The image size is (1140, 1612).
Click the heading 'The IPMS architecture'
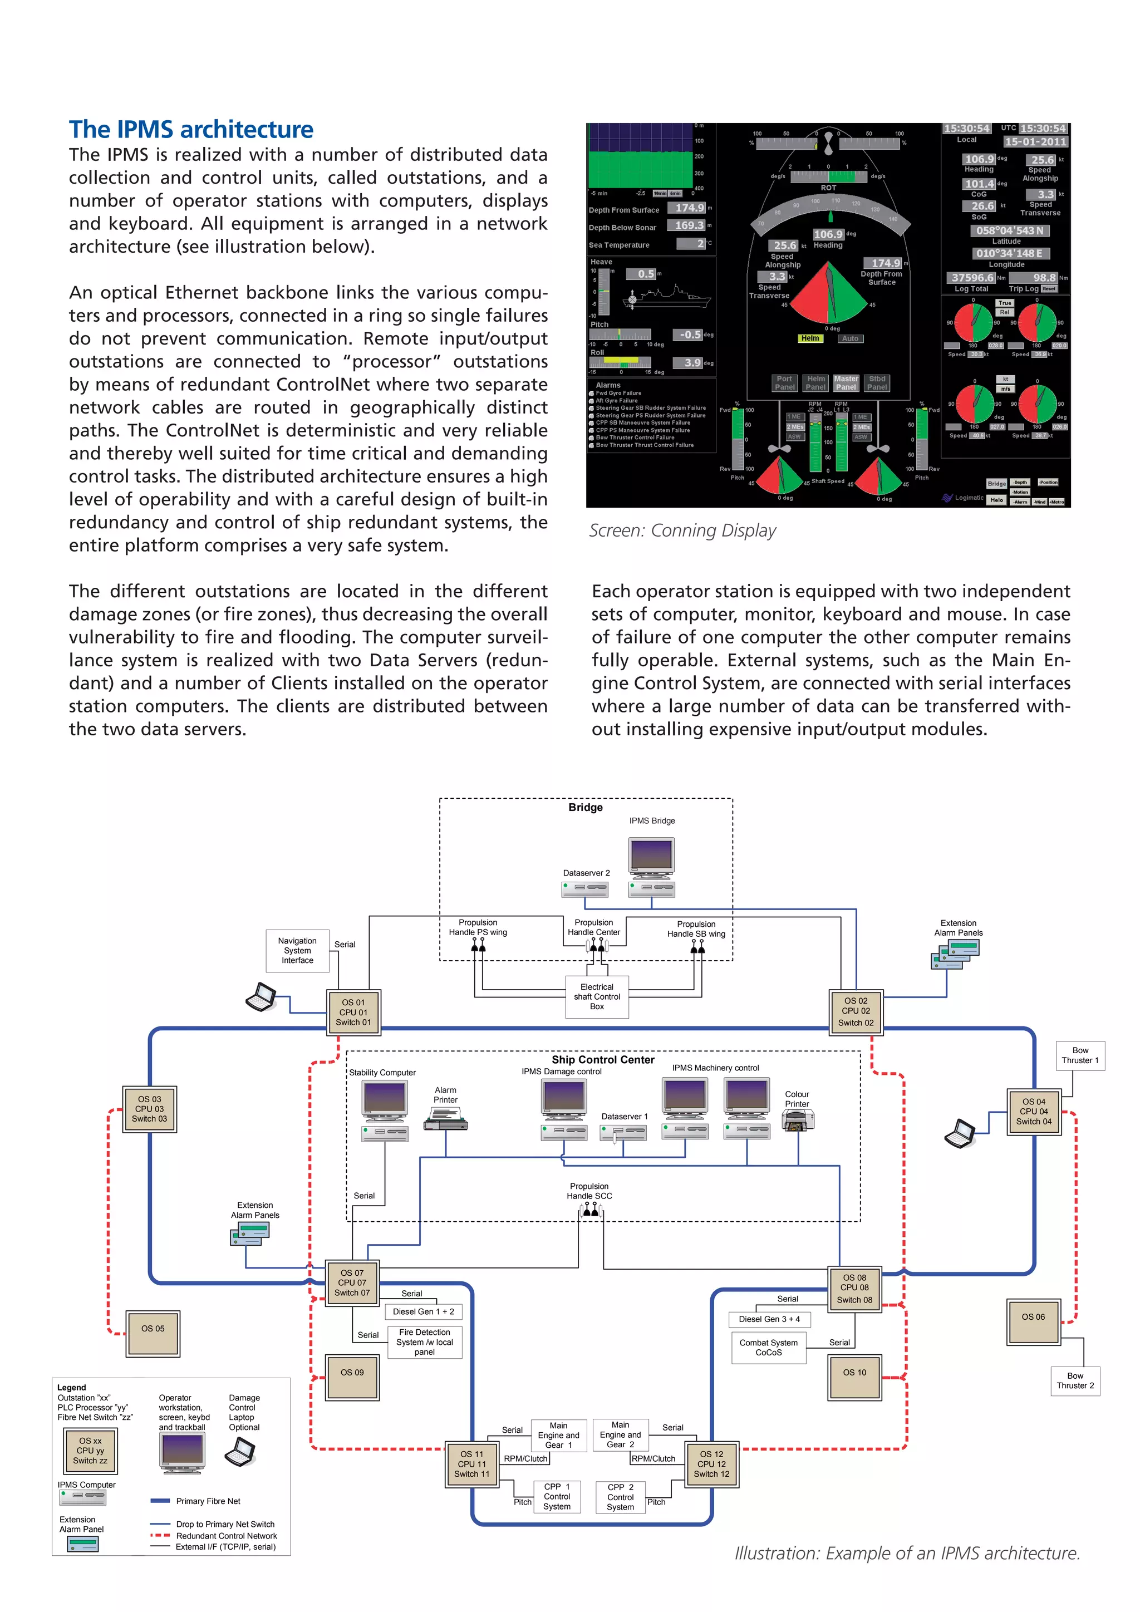click(191, 130)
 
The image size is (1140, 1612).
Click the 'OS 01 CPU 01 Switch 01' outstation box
click(353, 1013)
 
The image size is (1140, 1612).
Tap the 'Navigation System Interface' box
click(298, 951)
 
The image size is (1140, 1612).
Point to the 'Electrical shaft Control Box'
click(597, 996)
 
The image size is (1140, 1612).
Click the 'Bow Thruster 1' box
click(1080, 1055)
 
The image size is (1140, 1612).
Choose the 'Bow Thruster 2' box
click(1075, 1380)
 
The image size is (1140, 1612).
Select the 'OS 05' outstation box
click(153, 1328)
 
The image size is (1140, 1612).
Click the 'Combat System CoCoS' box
click(768, 1347)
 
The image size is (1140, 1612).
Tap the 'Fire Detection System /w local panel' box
click(424, 1341)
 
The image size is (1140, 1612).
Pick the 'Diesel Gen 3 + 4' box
click(769, 1319)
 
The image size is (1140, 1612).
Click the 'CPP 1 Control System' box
click(557, 1496)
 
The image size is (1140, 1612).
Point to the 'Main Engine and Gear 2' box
click(621, 1434)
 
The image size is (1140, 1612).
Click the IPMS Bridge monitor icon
click(652, 858)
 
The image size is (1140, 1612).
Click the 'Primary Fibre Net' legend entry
click(208, 1501)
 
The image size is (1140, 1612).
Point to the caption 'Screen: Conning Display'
click(682, 531)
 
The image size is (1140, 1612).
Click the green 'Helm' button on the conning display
click(809, 338)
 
